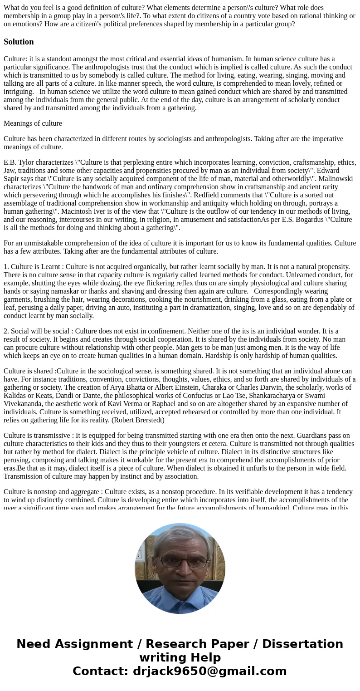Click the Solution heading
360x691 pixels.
[x=19, y=42]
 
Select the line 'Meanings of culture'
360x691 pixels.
[x=33, y=123]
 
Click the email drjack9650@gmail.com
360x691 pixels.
[x=209, y=671]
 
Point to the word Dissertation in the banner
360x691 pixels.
[x=302, y=644]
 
